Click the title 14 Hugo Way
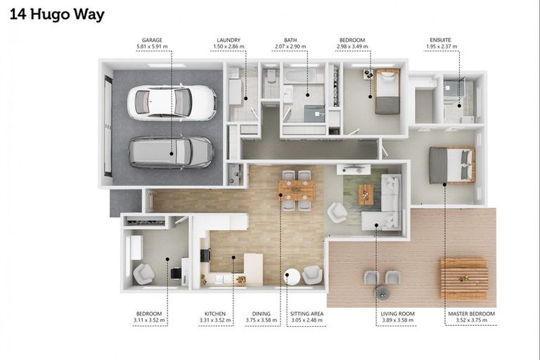tap(57, 15)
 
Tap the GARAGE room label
tap(152, 40)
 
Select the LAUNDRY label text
tap(229, 40)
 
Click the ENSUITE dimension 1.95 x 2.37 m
tap(442, 46)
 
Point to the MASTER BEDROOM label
tap(472, 314)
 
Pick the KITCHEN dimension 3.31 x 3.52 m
tap(215, 321)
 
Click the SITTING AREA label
tap(307, 314)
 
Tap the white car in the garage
tap(172, 103)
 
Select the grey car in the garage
tap(172, 153)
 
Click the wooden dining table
tap(297, 191)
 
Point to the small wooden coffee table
tap(366, 194)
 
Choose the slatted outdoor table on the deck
tap(464, 278)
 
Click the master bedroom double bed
tap(452, 165)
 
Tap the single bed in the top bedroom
tap(387, 91)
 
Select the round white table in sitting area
tap(292, 276)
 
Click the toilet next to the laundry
tap(271, 75)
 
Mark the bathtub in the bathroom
tap(303, 76)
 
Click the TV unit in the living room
tap(354, 169)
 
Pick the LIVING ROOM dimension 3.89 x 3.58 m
tap(398, 321)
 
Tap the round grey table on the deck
tap(382, 292)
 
